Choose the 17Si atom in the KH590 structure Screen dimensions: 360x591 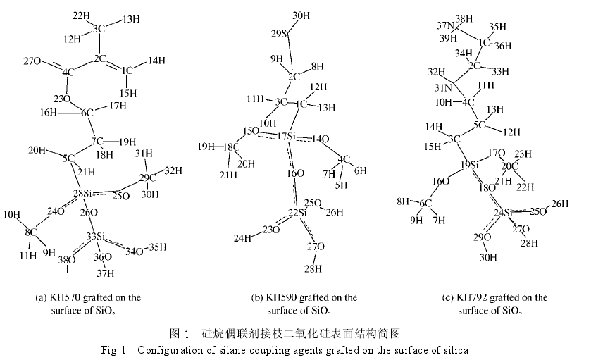point(286,135)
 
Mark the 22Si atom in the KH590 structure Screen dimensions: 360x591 point(297,212)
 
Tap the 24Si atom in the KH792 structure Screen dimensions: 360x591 point(503,212)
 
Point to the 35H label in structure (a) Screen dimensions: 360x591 point(158,247)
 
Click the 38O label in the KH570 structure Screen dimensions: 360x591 point(66,259)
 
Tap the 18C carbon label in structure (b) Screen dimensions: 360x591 point(228,147)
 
